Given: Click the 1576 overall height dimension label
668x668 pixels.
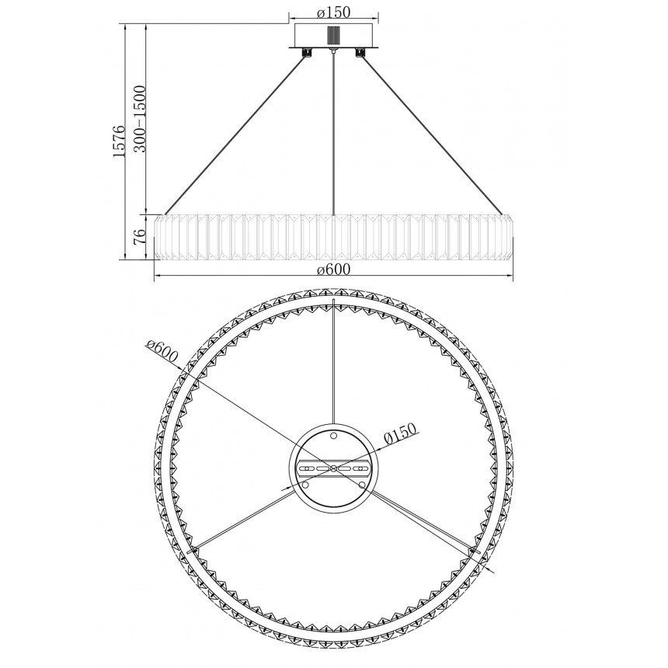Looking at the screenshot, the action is click(x=119, y=142).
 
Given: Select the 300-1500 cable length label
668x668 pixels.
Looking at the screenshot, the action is click(x=140, y=119).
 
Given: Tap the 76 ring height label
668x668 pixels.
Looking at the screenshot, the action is click(x=140, y=236).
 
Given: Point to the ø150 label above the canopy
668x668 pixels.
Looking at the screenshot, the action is click(x=333, y=12).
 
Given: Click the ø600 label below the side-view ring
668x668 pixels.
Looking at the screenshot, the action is click(x=333, y=269).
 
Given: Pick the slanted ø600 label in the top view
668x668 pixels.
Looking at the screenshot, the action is click(x=161, y=352).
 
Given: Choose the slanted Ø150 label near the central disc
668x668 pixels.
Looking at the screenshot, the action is click(x=399, y=434).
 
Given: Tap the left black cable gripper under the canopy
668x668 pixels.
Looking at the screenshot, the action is click(x=306, y=52).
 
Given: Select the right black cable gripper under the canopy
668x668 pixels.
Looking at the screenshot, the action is click(x=361, y=52).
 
